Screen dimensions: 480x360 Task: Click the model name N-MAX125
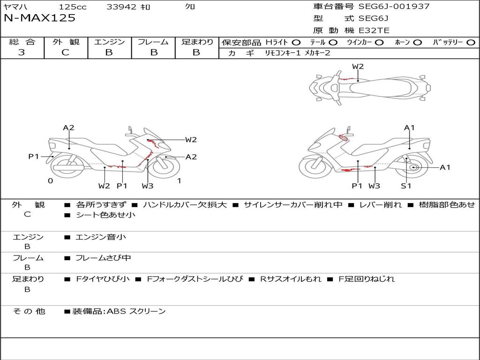39,18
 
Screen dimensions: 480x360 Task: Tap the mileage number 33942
121,7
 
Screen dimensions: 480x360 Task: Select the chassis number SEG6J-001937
394,7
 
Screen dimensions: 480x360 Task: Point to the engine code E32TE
374,31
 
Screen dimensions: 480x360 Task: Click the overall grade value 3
22,52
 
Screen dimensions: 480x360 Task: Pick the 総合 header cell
22,42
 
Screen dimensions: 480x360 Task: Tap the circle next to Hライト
296,42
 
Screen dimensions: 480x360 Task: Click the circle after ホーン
417,42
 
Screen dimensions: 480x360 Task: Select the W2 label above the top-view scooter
358,67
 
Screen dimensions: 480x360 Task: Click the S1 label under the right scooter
406,186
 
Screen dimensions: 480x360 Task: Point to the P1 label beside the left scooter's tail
34,157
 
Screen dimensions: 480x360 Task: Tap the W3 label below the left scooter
148,186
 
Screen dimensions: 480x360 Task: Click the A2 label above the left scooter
68,127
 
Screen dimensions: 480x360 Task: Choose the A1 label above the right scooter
409,127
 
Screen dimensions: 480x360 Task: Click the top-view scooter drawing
369,87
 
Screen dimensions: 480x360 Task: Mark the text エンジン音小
101,237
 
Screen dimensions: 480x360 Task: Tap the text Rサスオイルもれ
291,279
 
